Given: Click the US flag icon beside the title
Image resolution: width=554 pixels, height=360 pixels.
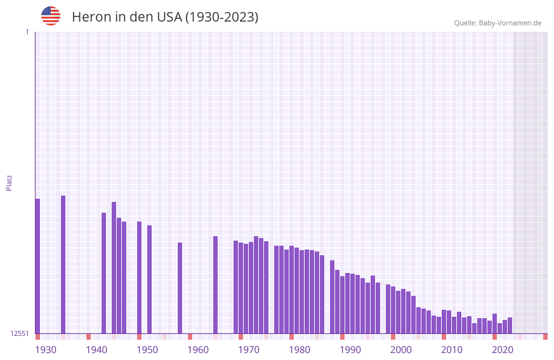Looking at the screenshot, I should pyautogui.click(x=51, y=16).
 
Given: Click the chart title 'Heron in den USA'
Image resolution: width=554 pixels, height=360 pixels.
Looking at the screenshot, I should pyautogui.click(x=165, y=17).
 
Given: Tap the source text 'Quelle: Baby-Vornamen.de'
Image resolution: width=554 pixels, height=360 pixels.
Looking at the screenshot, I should pyautogui.click(x=498, y=23).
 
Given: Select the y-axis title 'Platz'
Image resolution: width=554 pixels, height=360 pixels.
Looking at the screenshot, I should pyautogui.click(x=9, y=182).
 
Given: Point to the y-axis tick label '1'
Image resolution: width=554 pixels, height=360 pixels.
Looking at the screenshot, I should pyautogui.click(x=27, y=32).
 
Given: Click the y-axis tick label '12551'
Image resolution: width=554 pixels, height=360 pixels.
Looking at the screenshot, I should pyautogui.click(x=20, y=333).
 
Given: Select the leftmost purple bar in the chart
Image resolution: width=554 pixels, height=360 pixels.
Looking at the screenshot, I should pyautogui.click(x=37, y=267).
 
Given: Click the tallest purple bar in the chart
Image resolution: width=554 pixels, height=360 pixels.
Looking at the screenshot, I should pyautogui.click(x=63, y=264).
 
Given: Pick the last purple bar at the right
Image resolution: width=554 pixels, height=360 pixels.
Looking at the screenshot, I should pyautogui.click(x=510, y=326).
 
